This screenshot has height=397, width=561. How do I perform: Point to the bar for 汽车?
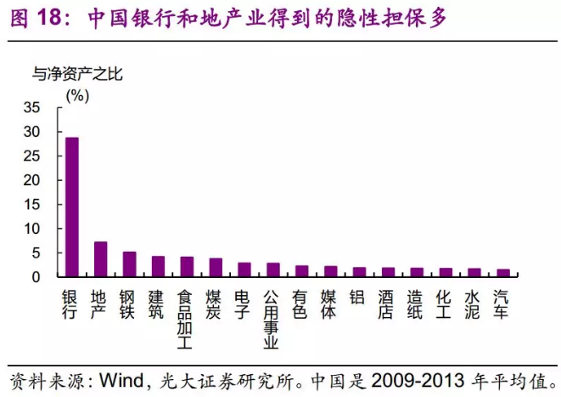tap(502, 273)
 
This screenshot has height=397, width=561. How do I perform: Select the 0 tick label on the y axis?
tap(36, 277)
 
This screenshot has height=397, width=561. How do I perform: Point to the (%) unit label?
tap(76, 95)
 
